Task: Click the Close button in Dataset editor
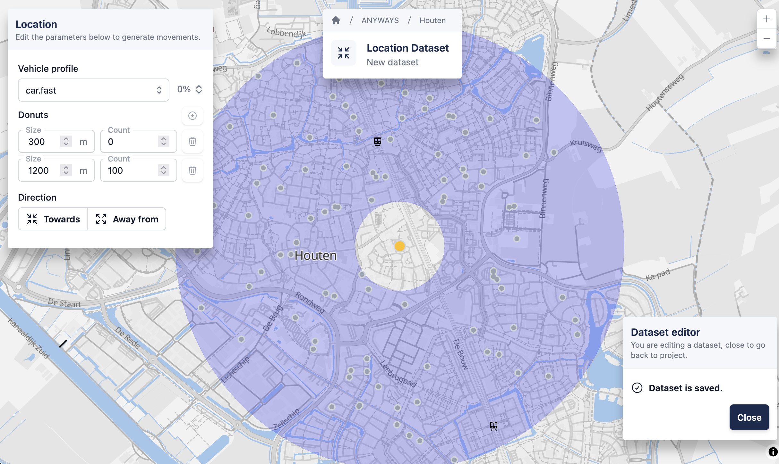pos(749,417)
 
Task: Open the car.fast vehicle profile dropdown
pos(93,90)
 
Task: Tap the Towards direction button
pos(53,219)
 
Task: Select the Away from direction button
pos(127,219)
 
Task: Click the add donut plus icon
pos(192,116)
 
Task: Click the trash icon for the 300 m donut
pos(192,141)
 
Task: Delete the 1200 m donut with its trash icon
pos(192,170)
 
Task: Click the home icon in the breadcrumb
pos(336,21)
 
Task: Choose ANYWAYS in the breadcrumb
pos(380,21)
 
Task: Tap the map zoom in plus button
pos(766,19)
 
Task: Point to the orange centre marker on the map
pos(399,246)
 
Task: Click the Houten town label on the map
pos(316,256)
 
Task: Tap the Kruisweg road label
pos(586,145)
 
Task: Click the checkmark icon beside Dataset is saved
pos(637,388)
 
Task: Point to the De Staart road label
pos(64,303)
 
